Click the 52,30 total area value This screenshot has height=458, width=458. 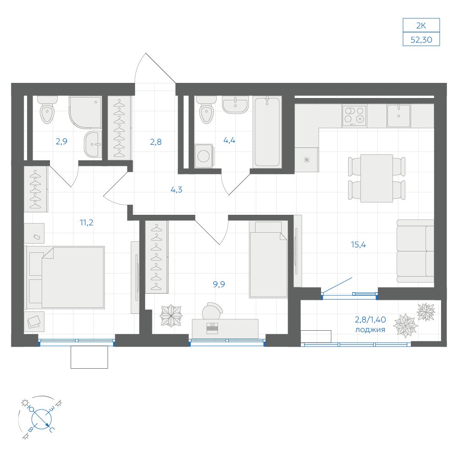point(421,40)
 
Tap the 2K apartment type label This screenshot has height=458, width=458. point(421,26)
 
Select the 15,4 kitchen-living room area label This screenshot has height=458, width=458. point(359,245)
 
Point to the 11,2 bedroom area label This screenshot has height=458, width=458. point(87,223)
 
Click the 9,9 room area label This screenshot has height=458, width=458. point(219,284)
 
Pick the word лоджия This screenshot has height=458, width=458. point(370,330)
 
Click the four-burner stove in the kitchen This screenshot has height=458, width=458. point(354,116)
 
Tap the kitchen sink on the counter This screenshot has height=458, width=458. point(399,116)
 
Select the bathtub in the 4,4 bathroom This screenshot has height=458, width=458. point(267,132)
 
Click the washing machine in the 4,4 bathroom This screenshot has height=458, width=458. point(204,156)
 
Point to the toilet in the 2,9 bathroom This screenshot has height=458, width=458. point(47,110)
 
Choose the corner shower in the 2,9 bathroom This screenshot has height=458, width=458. point(85,113)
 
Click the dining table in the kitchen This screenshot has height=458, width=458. point(376,178)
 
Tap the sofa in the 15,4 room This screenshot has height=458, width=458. point(415,251)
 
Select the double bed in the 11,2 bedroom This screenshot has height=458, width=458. point(65,278)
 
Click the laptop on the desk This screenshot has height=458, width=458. point(213,328)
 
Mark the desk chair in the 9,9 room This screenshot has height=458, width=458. point(213,311)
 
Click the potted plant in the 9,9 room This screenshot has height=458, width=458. point(171,316)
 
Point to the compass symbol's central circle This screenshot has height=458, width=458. point(42,419)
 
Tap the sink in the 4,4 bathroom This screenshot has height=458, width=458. point(235,104)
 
